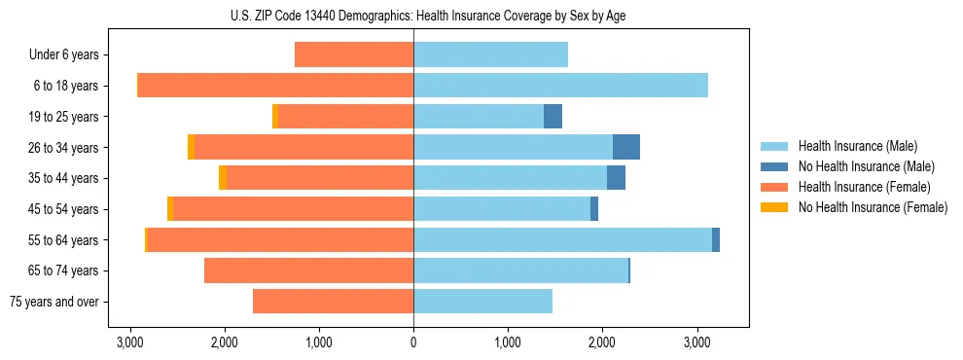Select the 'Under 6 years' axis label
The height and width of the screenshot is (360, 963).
pyautogui.click(x=64, y=55)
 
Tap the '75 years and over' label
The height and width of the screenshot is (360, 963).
pyautogui.click(x=53, y=302)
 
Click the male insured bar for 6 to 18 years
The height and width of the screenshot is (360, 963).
pyautogui.click(x=560, y=86)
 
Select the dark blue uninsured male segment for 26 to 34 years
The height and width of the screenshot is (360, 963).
pyautogui.click(x=626, y=147)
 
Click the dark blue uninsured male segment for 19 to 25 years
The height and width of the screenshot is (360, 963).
pyautogui.click(x=553, y=117)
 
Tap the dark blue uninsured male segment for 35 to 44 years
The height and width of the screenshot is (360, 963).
pyautogui.click(x=616, y=178)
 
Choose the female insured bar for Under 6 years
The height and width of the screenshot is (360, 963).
pyautogui.click(x=354, y=55)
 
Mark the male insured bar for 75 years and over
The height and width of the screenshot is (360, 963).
pyautogui.click(x=482, y=302)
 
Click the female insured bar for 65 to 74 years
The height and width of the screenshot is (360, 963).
pyautogui.click(x=308, y=270)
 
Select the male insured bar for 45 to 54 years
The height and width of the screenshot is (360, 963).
pyautogui.click(x=502, y=209)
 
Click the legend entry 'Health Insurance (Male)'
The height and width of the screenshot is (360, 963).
pyautogui.click(x=858, y=146)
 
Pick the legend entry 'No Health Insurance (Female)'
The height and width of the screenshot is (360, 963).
pyautogui.click(x=873, y=207)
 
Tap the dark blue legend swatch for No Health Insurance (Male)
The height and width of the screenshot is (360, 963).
pyautogui.click(x=776, y=166)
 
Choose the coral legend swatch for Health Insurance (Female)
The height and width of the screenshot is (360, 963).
pyautogui.click(x=776, y=187)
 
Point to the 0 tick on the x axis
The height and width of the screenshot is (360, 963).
pyautogui.click(x=413, y=342)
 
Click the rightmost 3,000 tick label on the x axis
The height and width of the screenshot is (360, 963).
pyautogui.click(x=696, y=342)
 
